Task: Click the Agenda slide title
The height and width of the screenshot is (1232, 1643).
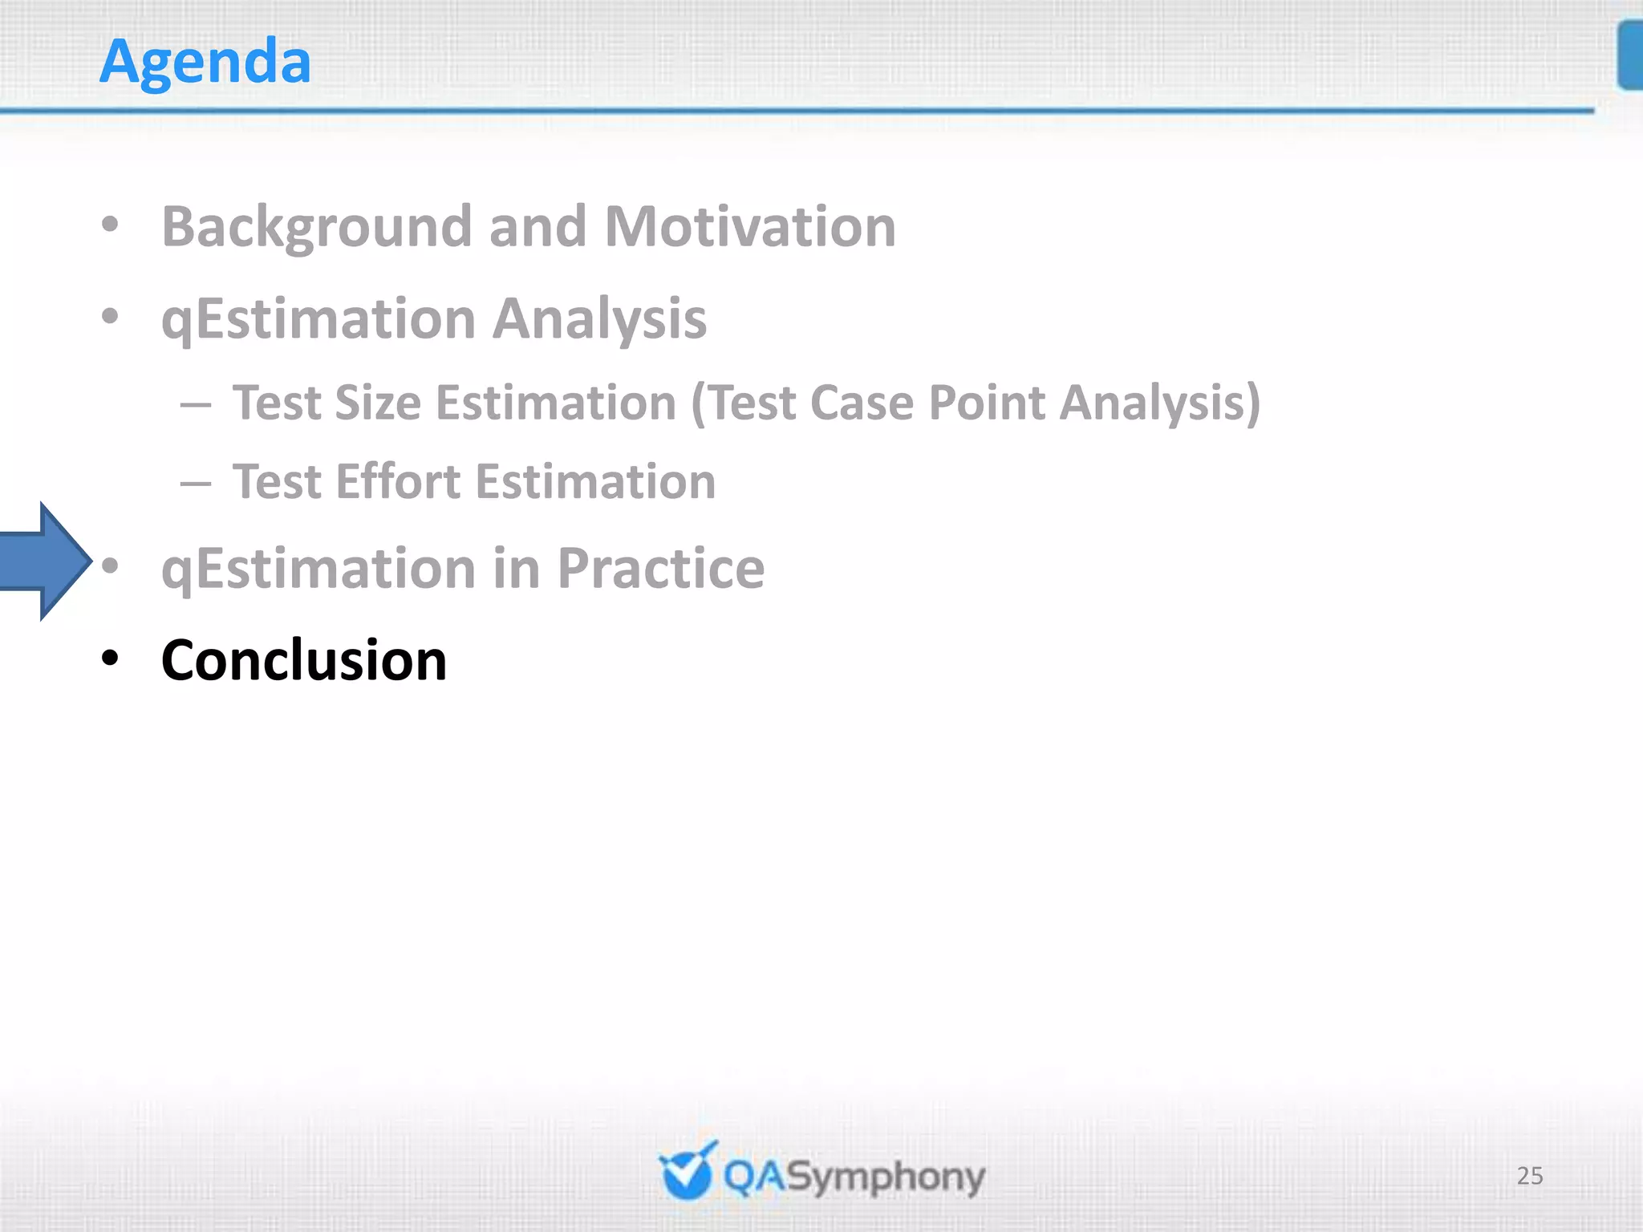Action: pos(205,62)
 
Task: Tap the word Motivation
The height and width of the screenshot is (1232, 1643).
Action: pos(749,227)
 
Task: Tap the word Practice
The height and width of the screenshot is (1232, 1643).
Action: pos(660,569)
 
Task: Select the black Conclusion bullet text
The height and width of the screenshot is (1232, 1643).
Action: pos(303,660)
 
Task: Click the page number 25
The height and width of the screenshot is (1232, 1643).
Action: pos(1529,1176)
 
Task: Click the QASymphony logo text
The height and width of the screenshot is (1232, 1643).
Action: pos(854,1177)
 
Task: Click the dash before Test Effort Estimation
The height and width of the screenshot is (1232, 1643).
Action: pos(196,484)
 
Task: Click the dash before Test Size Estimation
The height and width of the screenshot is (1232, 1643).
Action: pos(196,405)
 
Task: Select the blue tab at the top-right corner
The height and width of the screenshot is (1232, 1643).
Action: pos(1630,56)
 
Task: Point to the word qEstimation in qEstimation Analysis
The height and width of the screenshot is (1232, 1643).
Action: pos(318,319)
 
